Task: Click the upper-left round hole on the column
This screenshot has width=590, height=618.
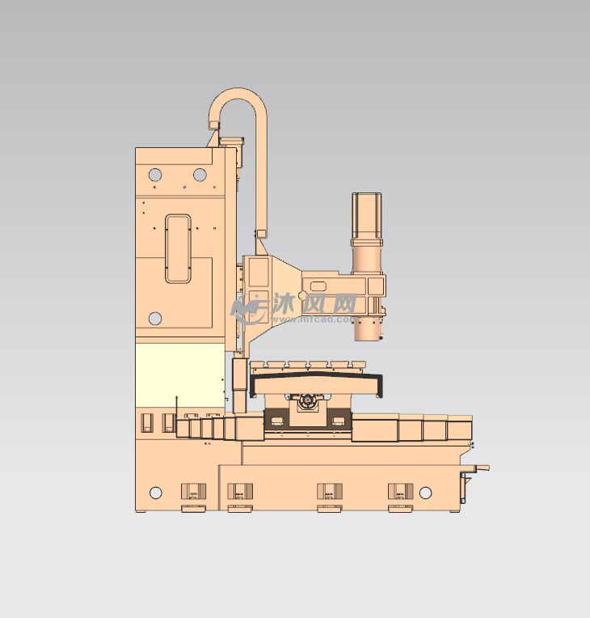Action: click(x=155, y=175)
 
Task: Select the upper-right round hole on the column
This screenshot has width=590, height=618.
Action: click(x=200, y=175)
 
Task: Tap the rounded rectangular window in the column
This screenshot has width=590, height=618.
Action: click(x=178, y=248)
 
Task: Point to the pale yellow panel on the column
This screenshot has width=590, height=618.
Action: click(x=180, y=375)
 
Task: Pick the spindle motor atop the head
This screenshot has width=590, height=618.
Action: click(x=367, y=232)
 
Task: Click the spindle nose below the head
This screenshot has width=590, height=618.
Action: click(x=368, y=329)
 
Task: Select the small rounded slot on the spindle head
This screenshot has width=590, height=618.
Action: click(x=318, y=286)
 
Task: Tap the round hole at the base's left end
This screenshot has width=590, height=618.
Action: click(x=156, y=493)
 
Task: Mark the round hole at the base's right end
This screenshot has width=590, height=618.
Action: click(x=425, y=493)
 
